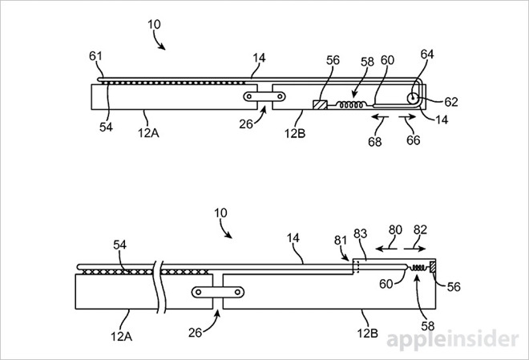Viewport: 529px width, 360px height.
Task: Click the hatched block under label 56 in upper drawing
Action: pos(320,103)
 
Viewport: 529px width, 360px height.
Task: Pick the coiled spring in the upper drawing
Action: pos(349,103)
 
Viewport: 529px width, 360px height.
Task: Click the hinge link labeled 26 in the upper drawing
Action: pos(263,96)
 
